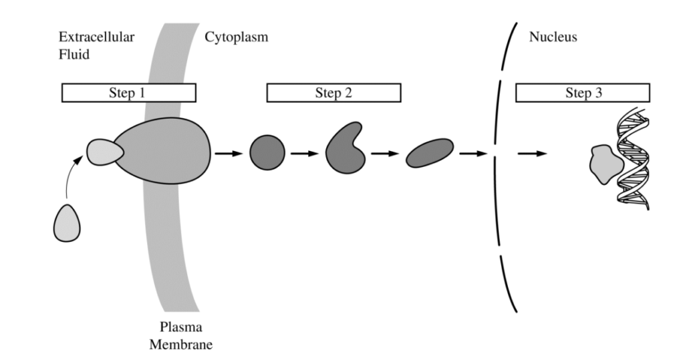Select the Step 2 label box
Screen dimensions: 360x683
[x=333, y=93]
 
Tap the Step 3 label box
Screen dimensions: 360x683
[x=583, y=93]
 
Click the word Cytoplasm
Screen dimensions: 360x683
[x=236, y=37]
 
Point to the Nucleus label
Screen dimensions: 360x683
[x=553, y=37]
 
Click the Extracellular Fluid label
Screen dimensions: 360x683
[x=96, y=45]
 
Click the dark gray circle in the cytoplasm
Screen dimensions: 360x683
[x=267, y=153]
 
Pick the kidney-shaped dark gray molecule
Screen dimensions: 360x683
[x=345, y=148]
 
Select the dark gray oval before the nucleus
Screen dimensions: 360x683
[x=430, y=153]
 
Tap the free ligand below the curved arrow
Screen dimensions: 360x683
[x=67, y=223]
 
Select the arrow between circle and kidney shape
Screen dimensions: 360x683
[x=305, y=154]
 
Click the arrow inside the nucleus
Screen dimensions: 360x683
[x=532, y=154]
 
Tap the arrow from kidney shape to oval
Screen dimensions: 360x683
[x=385, y=154]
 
